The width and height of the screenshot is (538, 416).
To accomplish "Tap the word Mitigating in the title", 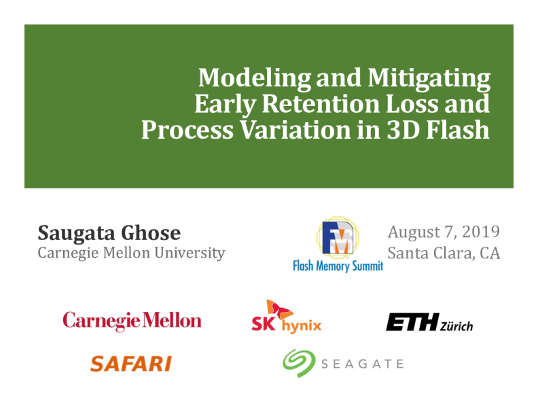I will (429, 79).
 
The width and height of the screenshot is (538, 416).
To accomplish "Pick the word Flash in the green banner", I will (457, 129).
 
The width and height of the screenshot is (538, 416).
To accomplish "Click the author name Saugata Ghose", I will (109, 233).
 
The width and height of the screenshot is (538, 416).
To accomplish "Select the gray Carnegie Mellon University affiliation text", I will (131, 254).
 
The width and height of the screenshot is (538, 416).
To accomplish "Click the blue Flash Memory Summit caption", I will (338, 266).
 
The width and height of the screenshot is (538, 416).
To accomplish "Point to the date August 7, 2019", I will (444, 231).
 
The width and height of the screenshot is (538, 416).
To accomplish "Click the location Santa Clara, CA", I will (444, 254).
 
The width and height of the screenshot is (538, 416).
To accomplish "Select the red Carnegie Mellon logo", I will (132, 321).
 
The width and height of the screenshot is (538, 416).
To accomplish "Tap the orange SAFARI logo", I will (130, 364).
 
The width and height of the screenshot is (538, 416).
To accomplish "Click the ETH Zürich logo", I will (429, 322).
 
